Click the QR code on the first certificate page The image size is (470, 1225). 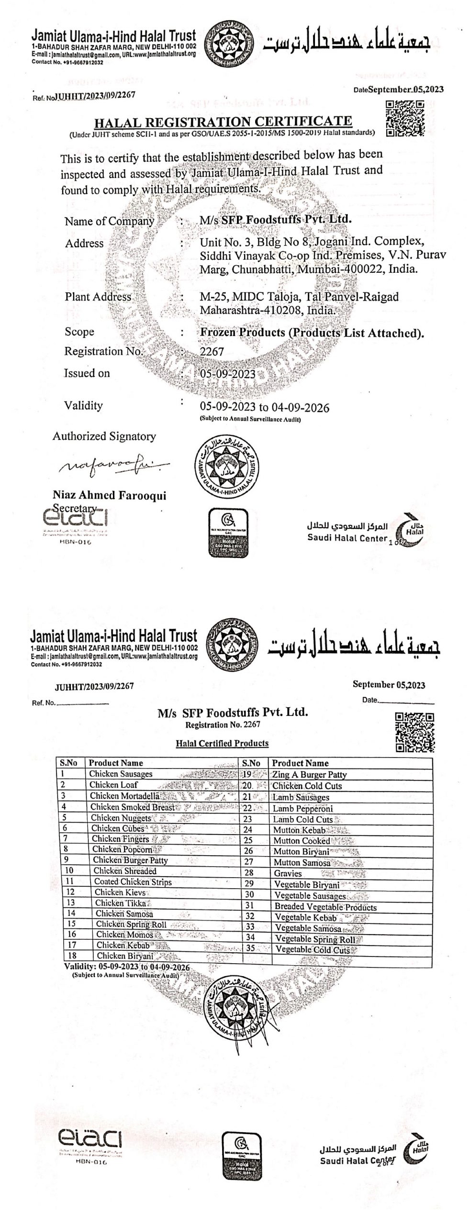tap(404, 118)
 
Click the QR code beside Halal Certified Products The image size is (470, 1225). tap(414, 732)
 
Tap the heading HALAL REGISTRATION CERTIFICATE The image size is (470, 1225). tap(223, 121)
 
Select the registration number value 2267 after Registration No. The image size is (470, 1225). tap(212, 351)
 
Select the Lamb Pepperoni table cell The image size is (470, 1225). tap(302, 808)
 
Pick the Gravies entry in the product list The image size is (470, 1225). tap(288, 873)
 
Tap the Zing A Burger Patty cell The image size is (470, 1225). tap(309, 774)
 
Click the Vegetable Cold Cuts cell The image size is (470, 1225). tap(313, 950)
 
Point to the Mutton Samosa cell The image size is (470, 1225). tap(302, 862)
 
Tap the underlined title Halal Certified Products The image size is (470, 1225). tap(222, 743)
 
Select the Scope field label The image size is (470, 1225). tap(79, 332)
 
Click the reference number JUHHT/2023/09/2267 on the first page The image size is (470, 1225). tap(95, 95)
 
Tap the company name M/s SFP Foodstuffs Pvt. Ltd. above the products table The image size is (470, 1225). tap(233, 713)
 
